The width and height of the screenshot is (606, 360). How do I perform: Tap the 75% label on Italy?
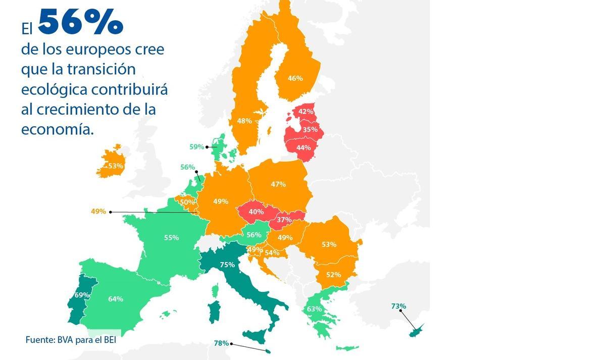pos(227,265)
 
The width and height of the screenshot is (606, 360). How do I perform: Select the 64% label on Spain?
pos(116,299)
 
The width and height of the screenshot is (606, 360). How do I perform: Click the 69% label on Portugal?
pos(82,295)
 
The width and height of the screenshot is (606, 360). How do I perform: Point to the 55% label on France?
pos(172,237)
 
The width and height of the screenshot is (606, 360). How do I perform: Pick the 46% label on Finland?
pos(295,78)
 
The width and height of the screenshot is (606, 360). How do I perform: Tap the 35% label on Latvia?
pos(310,129)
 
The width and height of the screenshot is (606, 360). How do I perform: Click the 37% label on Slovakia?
pos(284,220)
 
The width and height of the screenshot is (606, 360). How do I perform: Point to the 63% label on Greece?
pos(315,308)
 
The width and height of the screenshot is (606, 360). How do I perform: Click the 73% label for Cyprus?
pos(398,306)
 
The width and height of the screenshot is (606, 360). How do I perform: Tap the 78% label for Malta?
pos(221,343)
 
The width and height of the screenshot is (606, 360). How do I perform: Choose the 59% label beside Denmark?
pos(196,147)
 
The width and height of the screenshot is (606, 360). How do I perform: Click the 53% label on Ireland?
pos(116,166)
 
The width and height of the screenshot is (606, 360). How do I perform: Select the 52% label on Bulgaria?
pos(333,275)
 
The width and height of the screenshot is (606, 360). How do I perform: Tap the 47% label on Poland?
pos(278,184)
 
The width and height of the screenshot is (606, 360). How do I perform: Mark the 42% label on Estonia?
pos(306,111)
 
